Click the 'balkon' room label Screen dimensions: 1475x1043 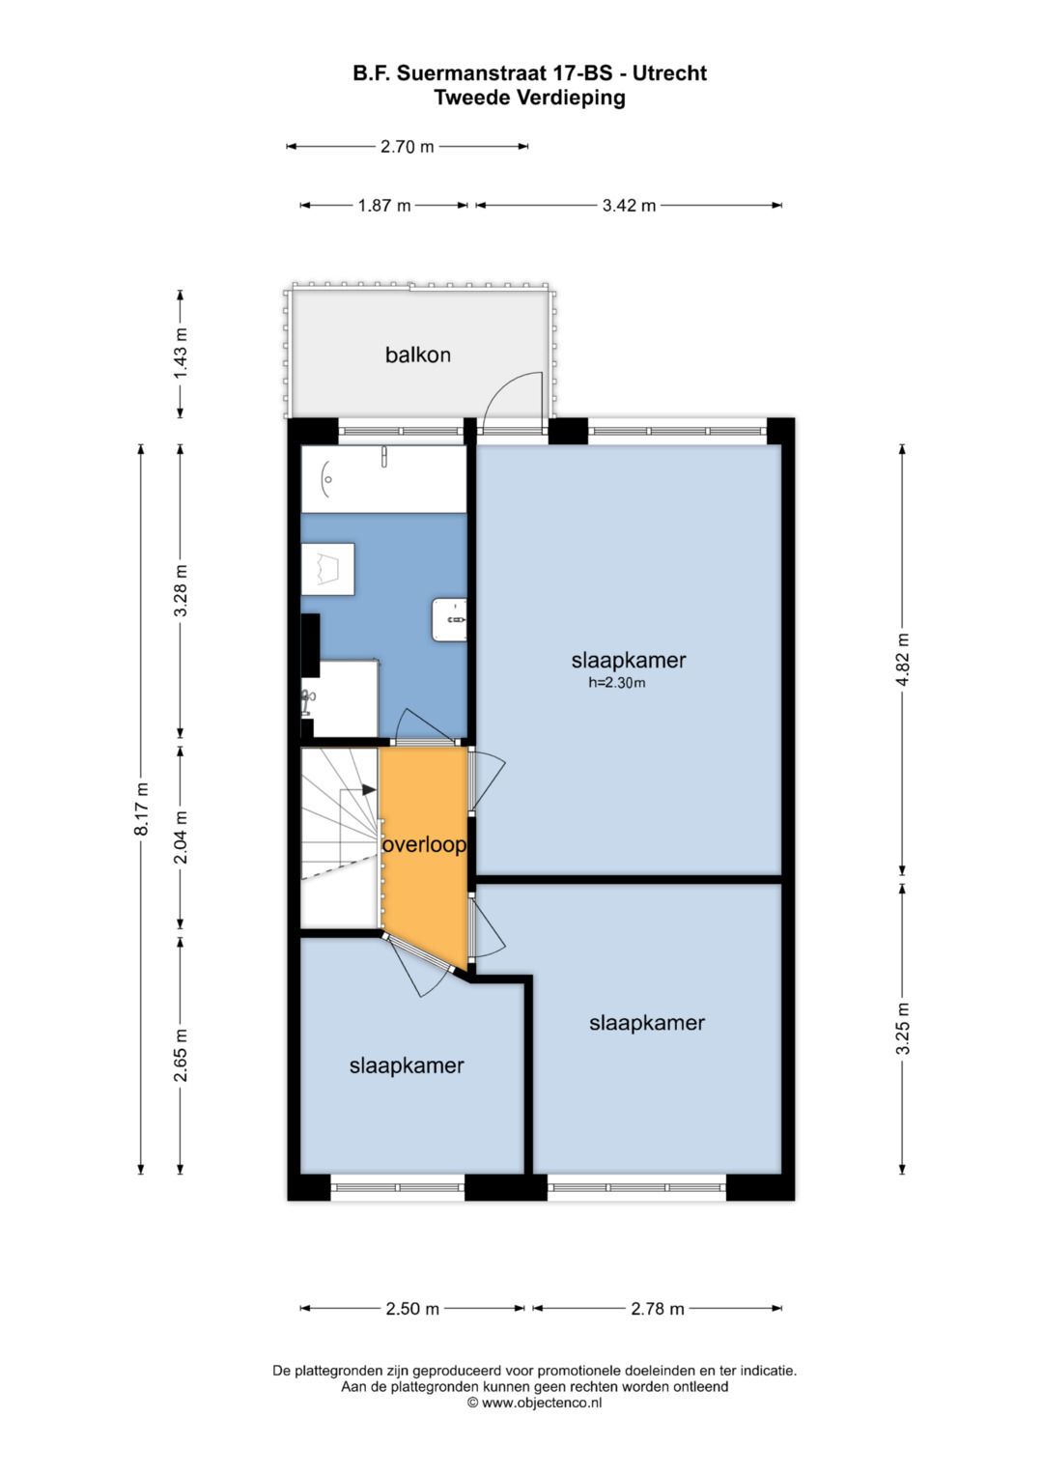417,355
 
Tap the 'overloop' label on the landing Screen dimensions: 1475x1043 424,844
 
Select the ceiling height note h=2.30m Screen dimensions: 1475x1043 616,683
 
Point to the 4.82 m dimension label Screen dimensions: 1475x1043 902,660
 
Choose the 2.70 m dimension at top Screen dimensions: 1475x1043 407,147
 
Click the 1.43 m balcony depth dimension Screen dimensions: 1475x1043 180,354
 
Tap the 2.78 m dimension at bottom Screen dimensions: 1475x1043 657,1309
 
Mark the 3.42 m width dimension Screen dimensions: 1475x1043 629,205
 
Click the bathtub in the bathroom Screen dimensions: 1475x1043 383,478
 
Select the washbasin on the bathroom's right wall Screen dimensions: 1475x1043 449,618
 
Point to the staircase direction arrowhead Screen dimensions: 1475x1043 369,789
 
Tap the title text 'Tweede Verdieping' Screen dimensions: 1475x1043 529,98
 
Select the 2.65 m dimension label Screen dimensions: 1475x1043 180,1056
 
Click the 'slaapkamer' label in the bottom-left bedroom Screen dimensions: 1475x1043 407,1065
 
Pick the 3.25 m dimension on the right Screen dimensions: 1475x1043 902,1029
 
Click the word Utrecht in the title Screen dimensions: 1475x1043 669,73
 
